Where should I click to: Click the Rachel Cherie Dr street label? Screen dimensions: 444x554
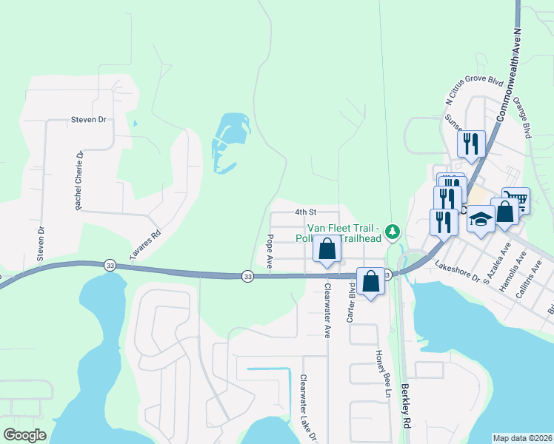pyautogui.click(x=79, y=180)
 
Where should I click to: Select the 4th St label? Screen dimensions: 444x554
pyautogui.click(x=305, y=212)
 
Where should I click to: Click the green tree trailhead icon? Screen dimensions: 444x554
pyautogui.click(x=393, y=232)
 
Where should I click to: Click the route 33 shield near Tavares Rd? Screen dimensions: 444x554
pyautogui.click(x=110, y=266)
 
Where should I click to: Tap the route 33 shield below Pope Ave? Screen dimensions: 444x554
pyautogui.click(x=247, y=276)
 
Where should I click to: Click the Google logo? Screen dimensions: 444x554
pyautogui.click(x=25, y=434)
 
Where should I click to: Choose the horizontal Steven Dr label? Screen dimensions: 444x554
pyautogui.click(x=89, y=119)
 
